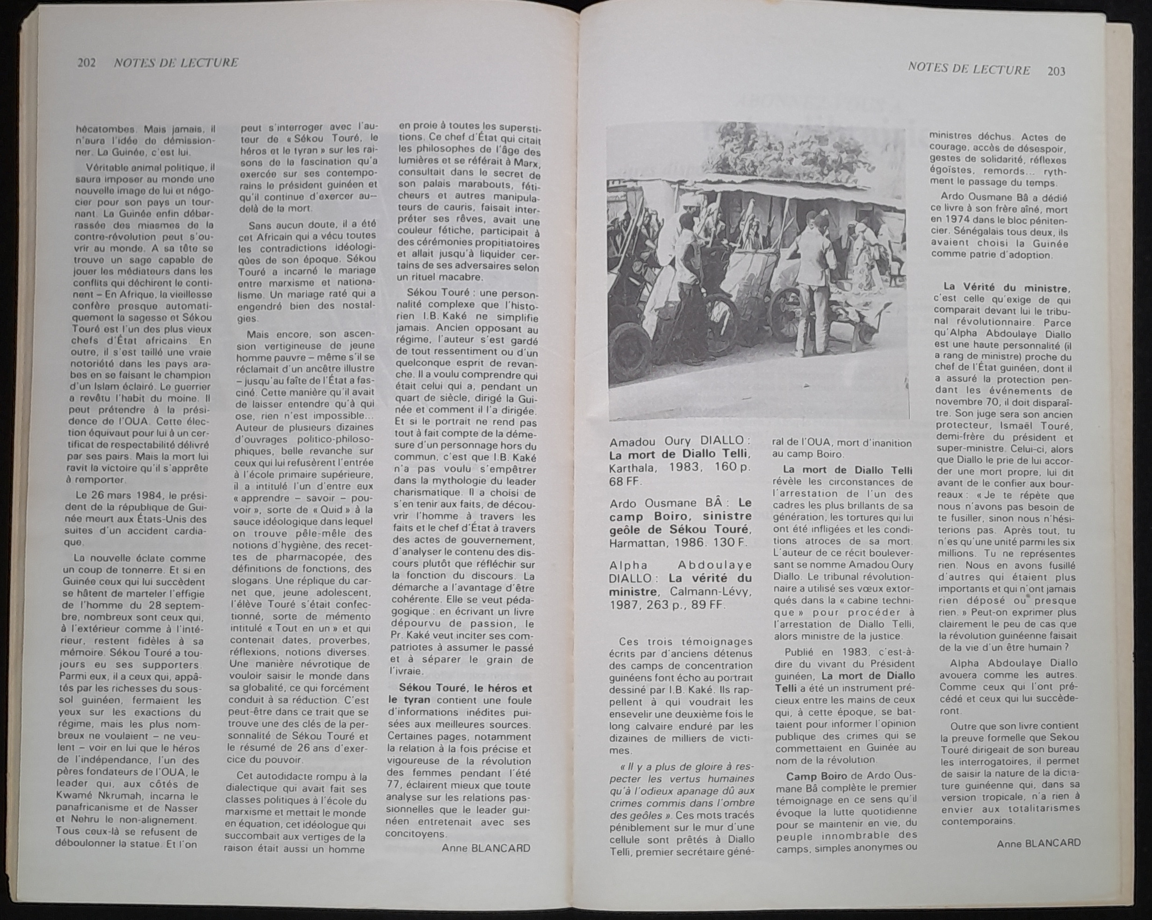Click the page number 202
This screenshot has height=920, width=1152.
86,63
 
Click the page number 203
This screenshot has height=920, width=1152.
1056,71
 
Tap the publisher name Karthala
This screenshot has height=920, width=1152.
632,468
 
